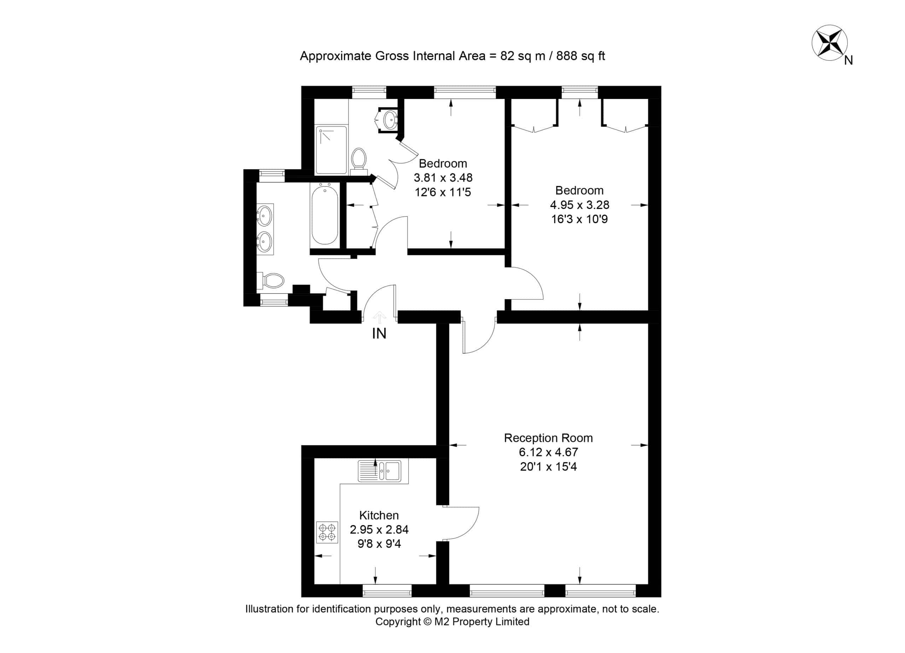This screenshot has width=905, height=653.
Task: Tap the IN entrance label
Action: pos(379,333)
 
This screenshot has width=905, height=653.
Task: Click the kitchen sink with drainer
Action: pos(379,471)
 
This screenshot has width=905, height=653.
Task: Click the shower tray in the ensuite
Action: pos(331,150)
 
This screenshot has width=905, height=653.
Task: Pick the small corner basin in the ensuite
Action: pos(390,119)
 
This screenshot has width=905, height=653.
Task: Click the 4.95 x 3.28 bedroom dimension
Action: pos(580,205)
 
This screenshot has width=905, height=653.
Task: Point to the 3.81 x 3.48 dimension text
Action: pos(443,178)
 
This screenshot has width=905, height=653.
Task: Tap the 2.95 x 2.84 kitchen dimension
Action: pos(379,529)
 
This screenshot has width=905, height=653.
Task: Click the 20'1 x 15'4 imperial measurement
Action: pos(548,467)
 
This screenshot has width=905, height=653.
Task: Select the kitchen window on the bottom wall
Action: pos(387,590)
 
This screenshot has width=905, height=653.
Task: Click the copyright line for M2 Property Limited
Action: pos(452,622)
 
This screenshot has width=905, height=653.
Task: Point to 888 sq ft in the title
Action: pos(580,56)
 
